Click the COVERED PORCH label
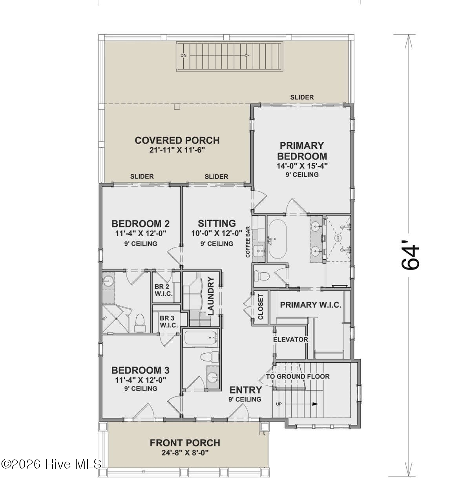pyautogui.click(x=177, y=140)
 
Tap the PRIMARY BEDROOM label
pyautogui.click(x=302, y=150)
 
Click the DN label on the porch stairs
pyautogui.click(x=183, y=55)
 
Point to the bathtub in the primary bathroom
pyautogui.click(x=277, y=238)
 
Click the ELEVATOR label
pyautogui.click(x=290, y=339)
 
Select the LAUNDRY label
pyautogui.click(x=211, y=297)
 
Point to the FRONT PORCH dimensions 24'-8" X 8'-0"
pyautogui.click(x=185, y=453)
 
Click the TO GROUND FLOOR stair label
pyautogui.click(x=298, y=376)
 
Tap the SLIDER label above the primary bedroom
pyautogui.click(x=302, y=97)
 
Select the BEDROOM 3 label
pyautogui.click(x=140, y=370)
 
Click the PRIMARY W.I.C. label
pyautogui.click(x=310, y=305)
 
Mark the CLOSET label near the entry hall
pyautogui.click(x=261, y=307)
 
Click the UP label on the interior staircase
pyautogui.click(x=279, y=403)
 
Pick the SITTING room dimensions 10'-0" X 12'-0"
pyautogui.click(x=217, y=233)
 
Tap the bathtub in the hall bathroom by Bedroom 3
pyautogui.click(x=200, y=337)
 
